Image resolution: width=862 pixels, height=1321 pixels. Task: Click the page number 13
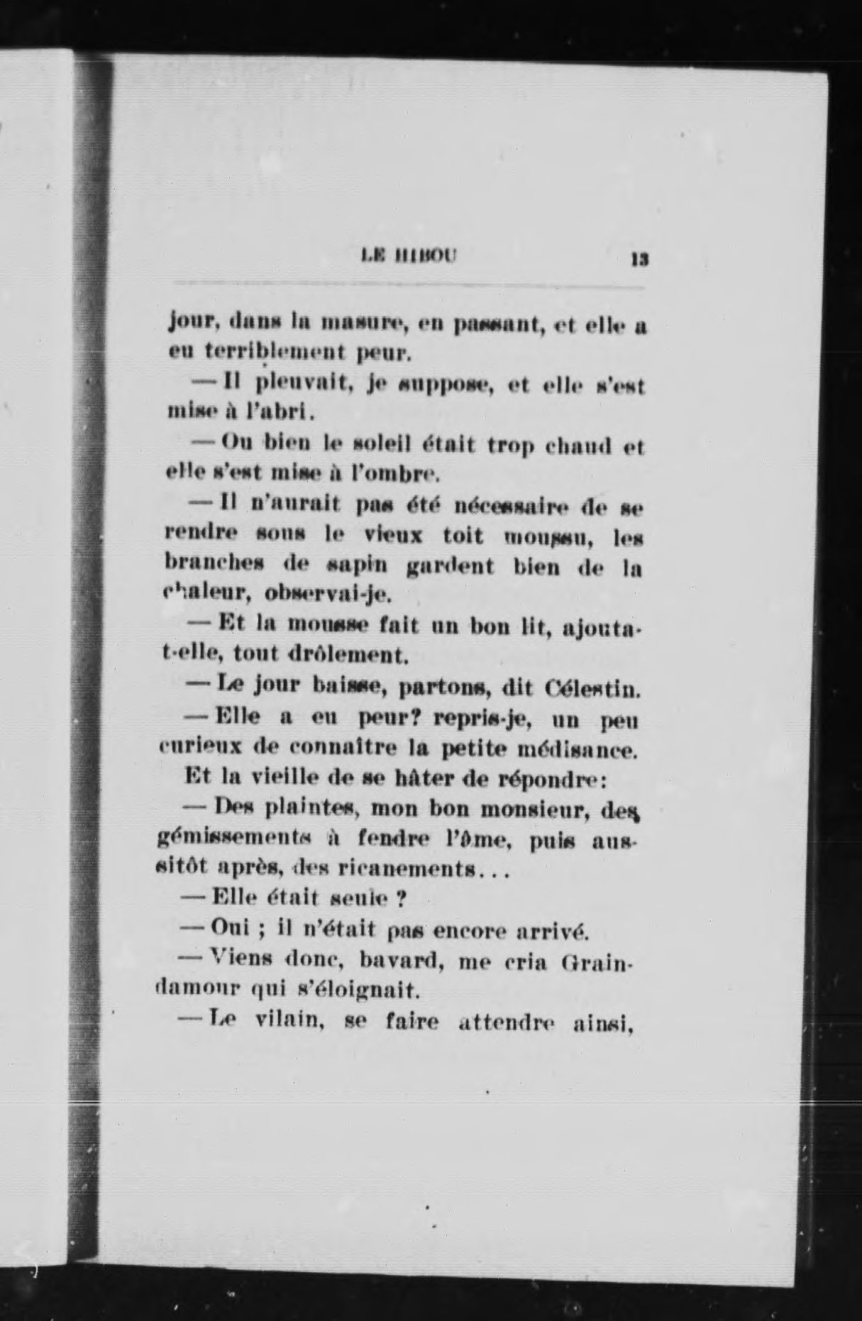tap(639, 260)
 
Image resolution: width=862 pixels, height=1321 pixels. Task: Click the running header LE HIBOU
tap(409, 255)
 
